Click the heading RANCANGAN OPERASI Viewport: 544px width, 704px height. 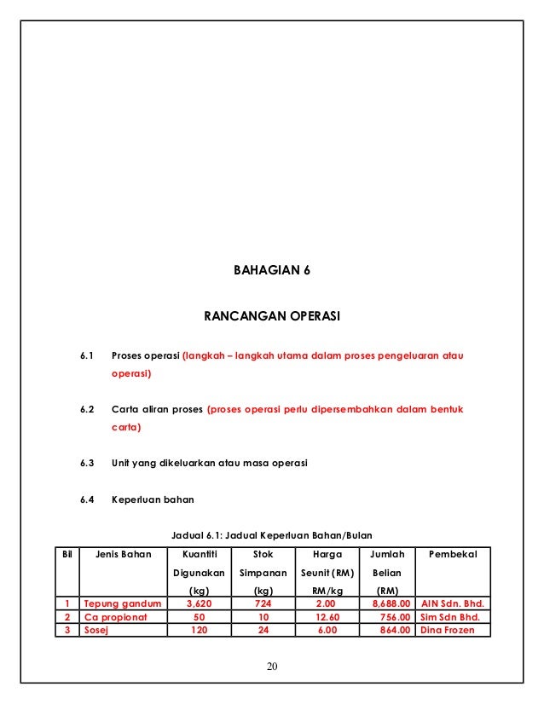271,316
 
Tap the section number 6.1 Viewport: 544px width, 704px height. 87,354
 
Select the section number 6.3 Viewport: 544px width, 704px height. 87,464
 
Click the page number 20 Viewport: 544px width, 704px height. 271,666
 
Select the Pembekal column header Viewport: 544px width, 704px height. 453,555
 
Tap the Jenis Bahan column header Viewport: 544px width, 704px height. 123,555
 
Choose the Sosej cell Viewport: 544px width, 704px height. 96,631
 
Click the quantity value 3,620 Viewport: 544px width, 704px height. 199,603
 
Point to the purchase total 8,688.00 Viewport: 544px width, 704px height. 389,603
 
